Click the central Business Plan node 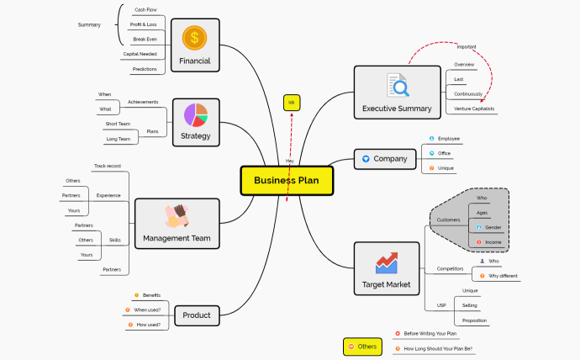(287, 179)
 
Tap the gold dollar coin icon (195, 37)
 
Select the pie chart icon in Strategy (195, 114)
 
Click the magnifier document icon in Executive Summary (397, 85)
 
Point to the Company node (384, 158)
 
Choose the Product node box (197, 315)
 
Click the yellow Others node (362, 347)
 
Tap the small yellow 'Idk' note (292, 103)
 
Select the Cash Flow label (145, 10)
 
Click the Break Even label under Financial (145, 39)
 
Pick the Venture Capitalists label (474, 109)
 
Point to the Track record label (107, 167)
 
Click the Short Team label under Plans (119, 124)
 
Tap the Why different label (503, 276)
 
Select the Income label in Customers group (493, 242)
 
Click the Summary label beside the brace (89, 24)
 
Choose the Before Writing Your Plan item (430, 334)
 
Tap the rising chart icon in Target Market (387, 263)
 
